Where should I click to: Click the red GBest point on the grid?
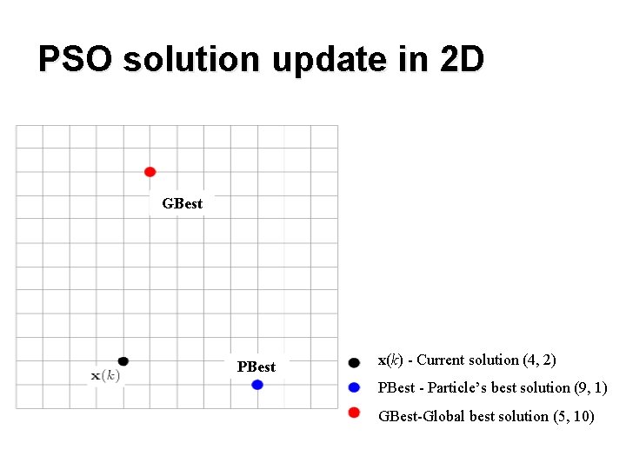point(150,172)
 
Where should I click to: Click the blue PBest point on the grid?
point(257,385)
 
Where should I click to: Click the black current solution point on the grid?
point(123,361)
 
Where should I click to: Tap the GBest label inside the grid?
point(182,204)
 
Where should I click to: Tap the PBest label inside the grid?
point(256,367)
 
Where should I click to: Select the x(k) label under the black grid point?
point(105,375)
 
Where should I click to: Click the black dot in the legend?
point(354,362)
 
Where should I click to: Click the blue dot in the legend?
point(354,387)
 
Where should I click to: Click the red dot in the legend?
point(354,413)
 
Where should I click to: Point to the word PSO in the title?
point(76,60)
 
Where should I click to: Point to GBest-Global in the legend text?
point(422,416)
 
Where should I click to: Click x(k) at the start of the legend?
point(390,360)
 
